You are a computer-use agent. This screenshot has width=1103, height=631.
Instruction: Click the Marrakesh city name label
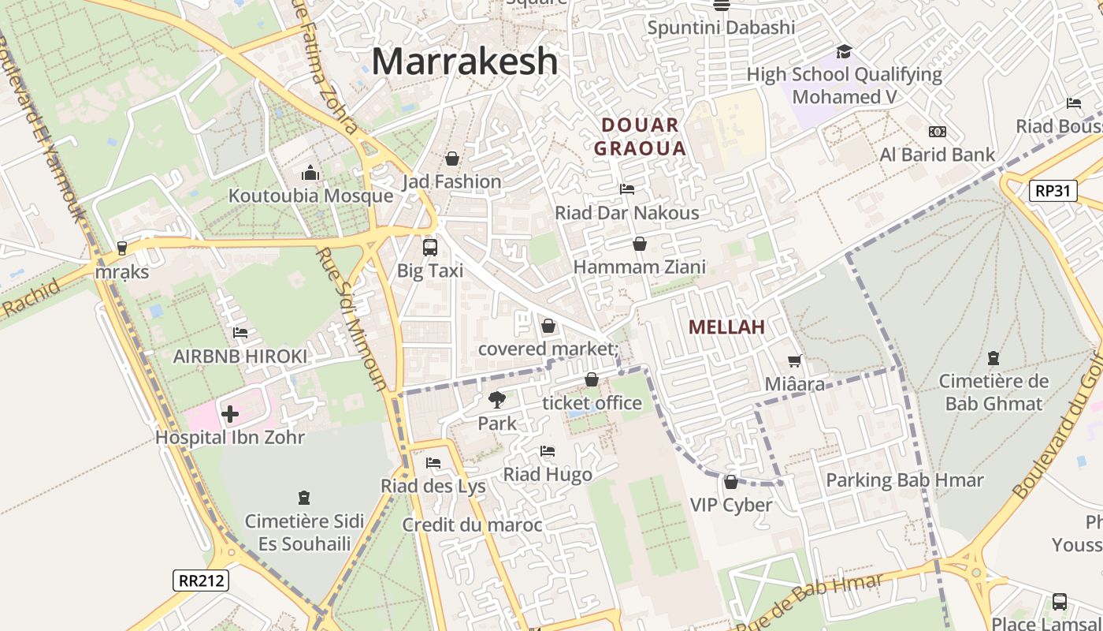(x=465, y=62)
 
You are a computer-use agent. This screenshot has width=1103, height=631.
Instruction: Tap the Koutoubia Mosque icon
(x=310, y=173)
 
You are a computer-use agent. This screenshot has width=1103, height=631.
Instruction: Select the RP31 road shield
(x=1053, y=190)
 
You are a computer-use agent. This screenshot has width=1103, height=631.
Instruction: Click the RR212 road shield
(x=201, y=581)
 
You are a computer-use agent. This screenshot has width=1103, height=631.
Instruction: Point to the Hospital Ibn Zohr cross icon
(x=230, y=413)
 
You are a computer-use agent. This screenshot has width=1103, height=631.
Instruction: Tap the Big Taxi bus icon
(x=430, y=247)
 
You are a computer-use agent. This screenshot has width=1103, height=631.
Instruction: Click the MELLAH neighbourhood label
(x=726, y=327)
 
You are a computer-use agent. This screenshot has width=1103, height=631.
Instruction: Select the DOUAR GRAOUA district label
(x=640, y=136)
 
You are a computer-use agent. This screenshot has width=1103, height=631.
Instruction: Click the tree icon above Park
(x=497, y=400)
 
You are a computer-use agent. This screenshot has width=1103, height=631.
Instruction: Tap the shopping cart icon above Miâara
(x=795, y=360)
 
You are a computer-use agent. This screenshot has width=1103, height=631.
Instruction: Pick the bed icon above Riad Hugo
(x=548, y=451)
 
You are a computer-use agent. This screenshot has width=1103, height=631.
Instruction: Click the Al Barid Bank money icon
(x=938, y=132)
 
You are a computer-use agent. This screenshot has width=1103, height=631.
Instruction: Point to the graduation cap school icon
(x=844, y=51)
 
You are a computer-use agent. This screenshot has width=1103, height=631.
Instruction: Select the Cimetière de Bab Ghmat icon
(x=993, y=358)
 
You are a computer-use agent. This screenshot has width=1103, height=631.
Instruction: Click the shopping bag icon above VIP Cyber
(x=731, y=481)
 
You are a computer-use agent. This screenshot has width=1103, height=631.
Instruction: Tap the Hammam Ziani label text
(x=639, y=267)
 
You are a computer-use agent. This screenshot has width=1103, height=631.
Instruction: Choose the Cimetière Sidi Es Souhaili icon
(x=304, y=498)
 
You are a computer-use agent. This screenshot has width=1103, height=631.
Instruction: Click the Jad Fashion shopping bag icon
(x=452, y=159)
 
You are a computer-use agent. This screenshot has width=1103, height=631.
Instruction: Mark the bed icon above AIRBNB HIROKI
(x=240, y=333)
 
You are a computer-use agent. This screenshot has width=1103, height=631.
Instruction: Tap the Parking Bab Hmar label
(x=904, y=480)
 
